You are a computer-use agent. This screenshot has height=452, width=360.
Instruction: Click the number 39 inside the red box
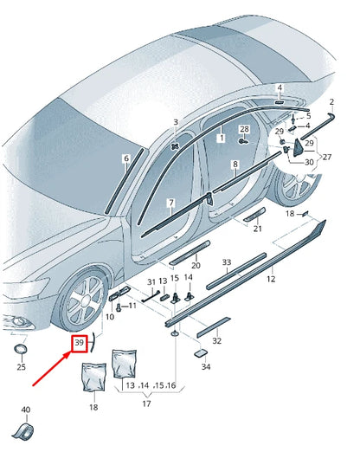(79, 344)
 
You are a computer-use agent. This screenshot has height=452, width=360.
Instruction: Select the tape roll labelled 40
(25, 430)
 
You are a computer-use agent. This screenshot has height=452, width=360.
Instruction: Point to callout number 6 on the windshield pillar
(125, 158)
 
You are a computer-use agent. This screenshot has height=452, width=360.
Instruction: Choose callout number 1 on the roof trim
(221, 138)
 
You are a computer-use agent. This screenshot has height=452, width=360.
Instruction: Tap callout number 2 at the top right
(331, 102)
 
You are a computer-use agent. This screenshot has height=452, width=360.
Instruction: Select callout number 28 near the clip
(244, 129)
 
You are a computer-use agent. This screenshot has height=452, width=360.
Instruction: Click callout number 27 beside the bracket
(326, 157)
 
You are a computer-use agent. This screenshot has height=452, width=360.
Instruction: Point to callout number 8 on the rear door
(234, 164)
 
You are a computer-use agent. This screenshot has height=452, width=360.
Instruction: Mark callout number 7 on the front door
(170, 203)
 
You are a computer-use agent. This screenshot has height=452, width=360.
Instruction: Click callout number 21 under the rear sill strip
(257, 229)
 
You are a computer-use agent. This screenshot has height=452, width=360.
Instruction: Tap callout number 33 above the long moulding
(227, 262)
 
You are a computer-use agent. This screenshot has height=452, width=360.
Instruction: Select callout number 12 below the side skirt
(271, 279)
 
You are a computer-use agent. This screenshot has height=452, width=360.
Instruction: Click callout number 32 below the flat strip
(217, 340)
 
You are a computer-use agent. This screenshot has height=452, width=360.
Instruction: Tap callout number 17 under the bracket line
(145, 402)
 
